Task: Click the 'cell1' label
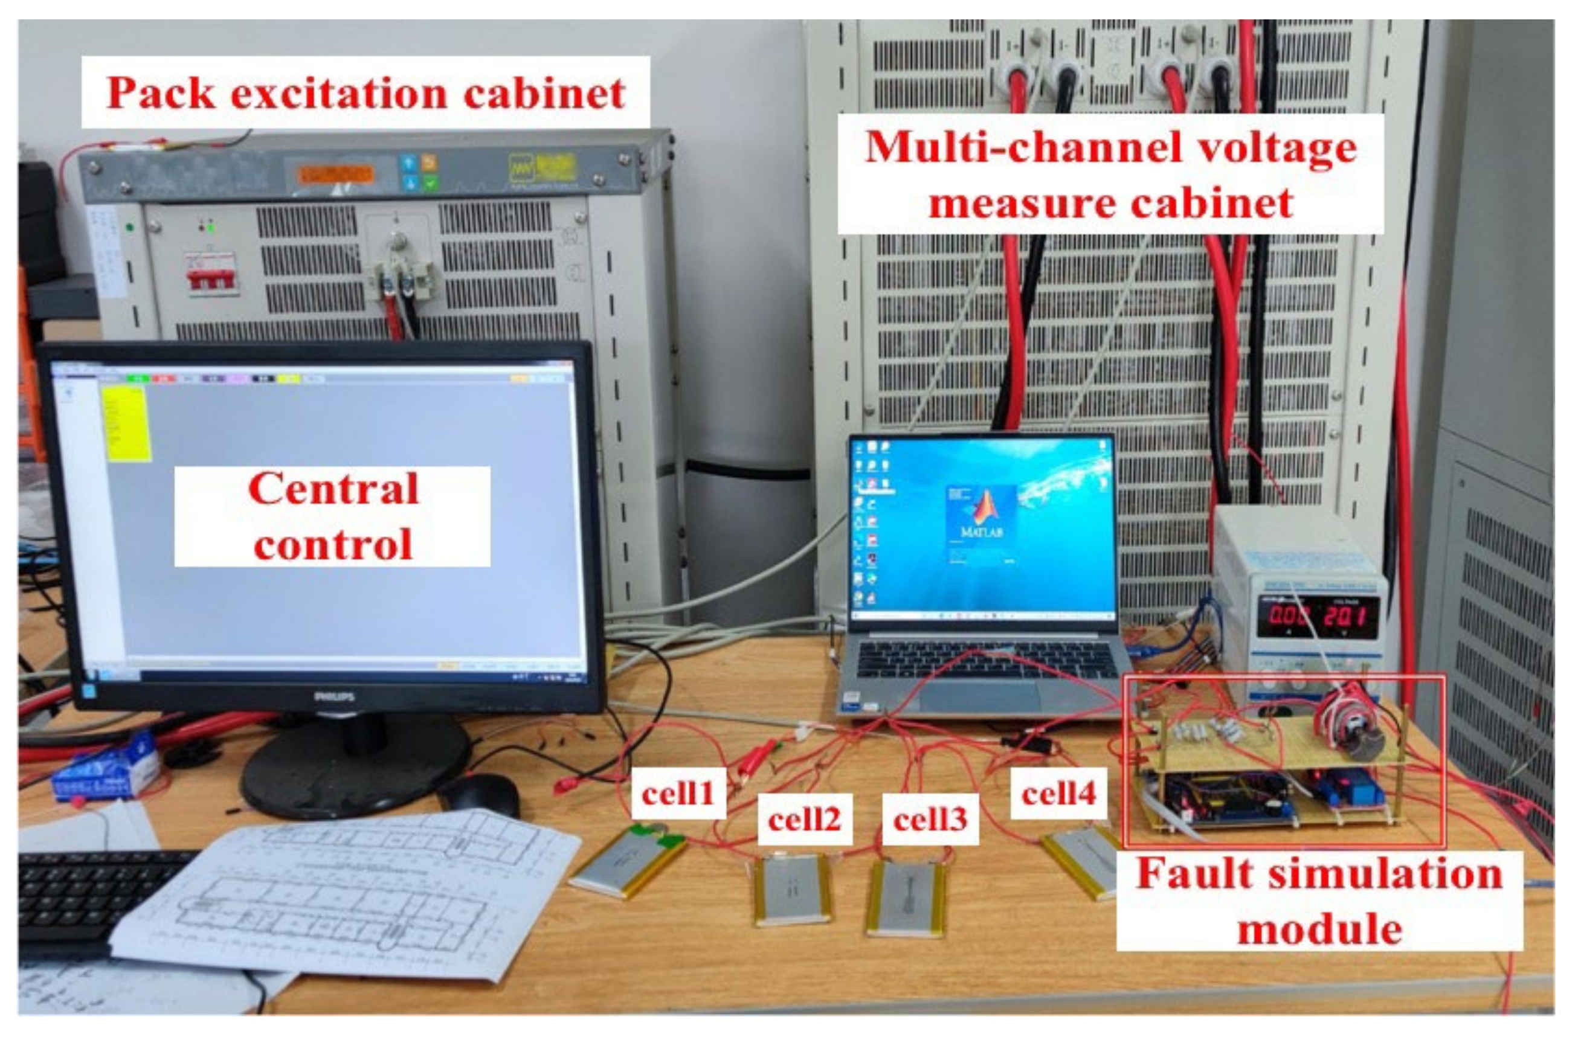coord(678,793)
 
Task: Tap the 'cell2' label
coord(805,820)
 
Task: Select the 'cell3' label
coord(930,820)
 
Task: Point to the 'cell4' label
coord(1058,793)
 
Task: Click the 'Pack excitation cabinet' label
coord(366,92)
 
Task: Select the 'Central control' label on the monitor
coord(332,516)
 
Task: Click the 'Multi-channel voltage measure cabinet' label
coord(1110,174)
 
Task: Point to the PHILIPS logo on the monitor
coord(333,696)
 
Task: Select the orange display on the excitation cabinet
coord(336,175)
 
